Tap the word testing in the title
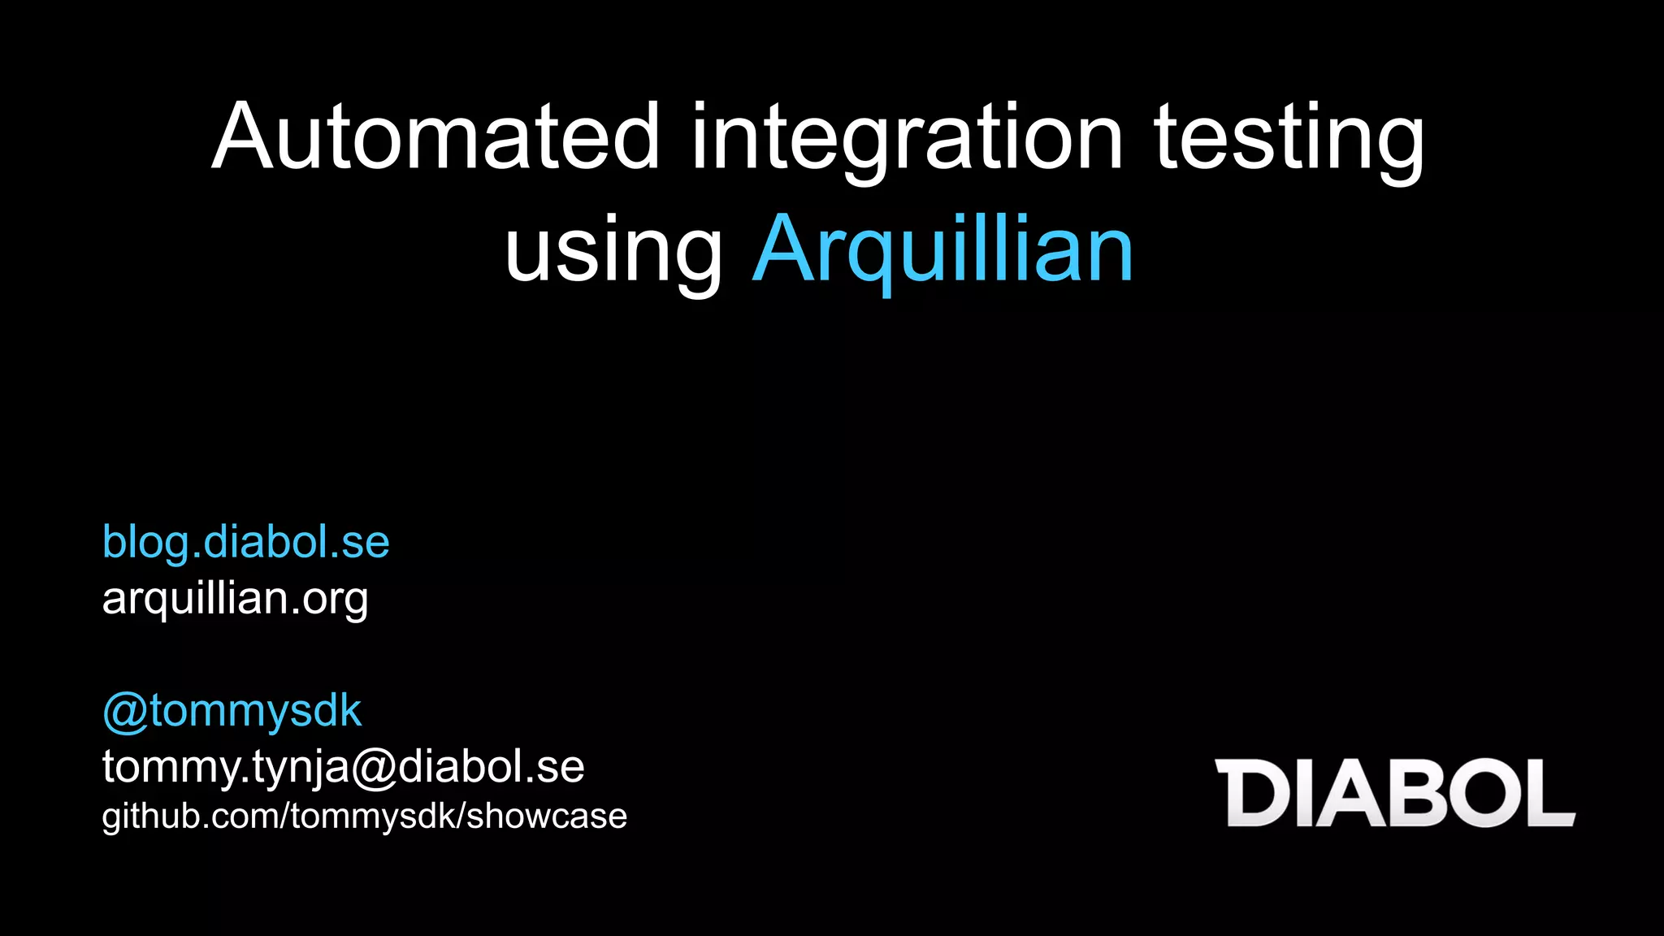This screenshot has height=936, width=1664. (x=1289, y=140)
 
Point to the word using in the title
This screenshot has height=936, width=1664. (x=613, y=250)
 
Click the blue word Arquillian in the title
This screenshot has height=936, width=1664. (x=942, y=250)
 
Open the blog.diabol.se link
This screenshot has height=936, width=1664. (x=245, y=542)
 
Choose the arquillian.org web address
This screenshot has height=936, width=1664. (x=235, y=599)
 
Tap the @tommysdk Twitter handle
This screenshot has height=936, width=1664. (x=232, y=711)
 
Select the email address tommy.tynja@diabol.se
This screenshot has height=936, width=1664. (x=343, y=766)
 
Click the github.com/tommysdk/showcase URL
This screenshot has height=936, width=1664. (x=364, y=816)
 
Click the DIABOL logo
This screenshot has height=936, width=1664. (x=1394, y=793)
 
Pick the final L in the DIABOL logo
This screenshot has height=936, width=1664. (x=1547, y=793)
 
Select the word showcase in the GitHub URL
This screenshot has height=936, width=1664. (x=547, y=816)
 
